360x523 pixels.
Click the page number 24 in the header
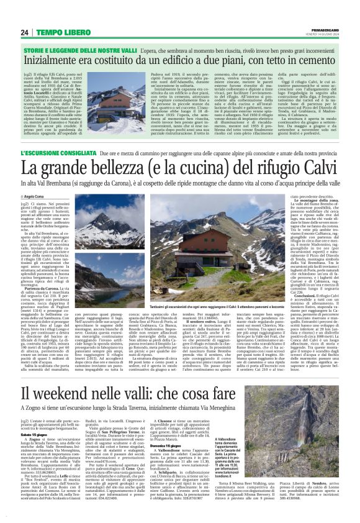pos(25,32)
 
